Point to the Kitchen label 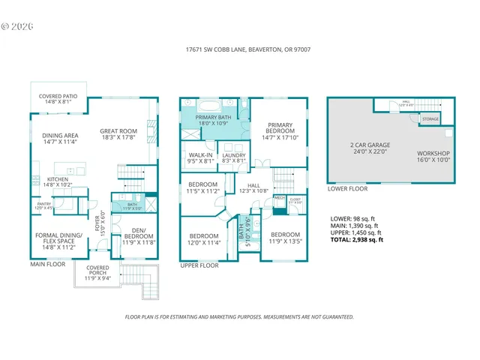[x=58, y=179]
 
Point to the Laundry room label [x=230, y=155]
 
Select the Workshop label [x=433, y=152]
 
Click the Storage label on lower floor [x=430, y=118]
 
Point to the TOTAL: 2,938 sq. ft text [x=357, y=240]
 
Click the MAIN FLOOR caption [x=49, y=264]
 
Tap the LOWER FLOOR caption [x=347, y=188]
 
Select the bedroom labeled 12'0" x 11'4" [x=203, y=238]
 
